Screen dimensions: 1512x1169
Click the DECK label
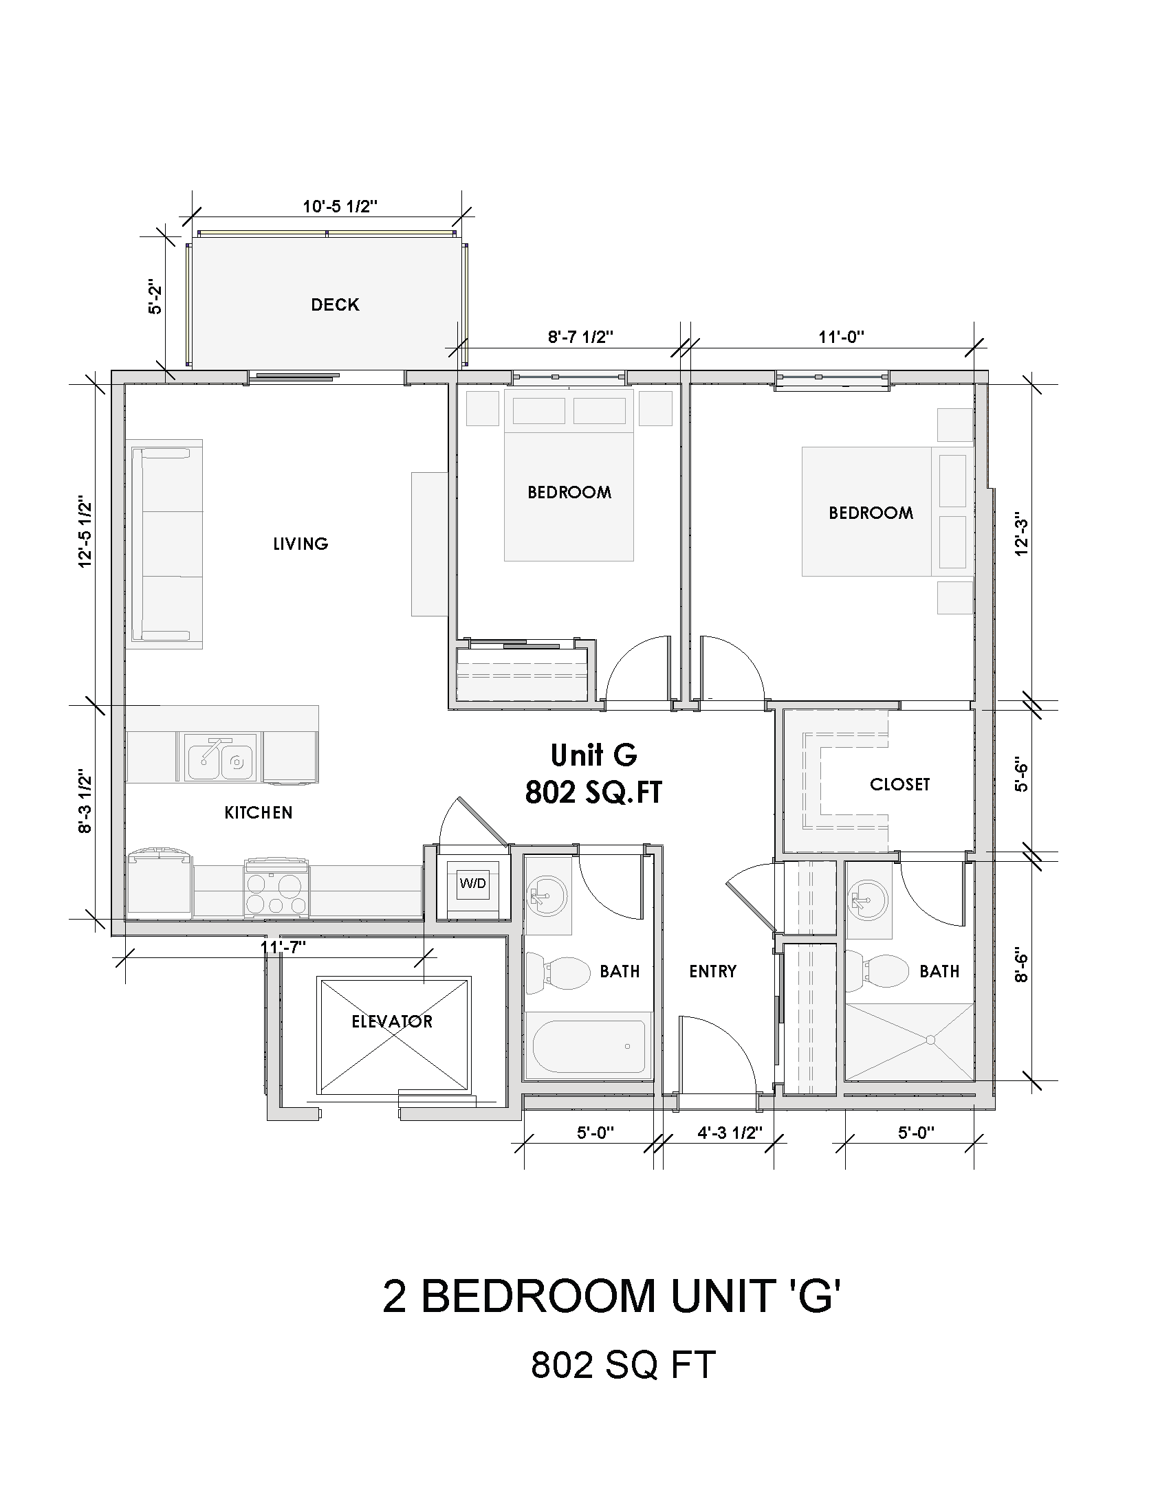click(x=335, y=304)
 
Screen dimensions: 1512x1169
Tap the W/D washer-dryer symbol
click(x=473, y=883)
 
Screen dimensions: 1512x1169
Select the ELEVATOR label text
click(x=392, y=1021)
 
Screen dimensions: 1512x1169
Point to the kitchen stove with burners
click(x=276, y=889)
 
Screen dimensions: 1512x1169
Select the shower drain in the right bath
click(x=930, y=1040)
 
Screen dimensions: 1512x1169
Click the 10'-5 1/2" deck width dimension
click(x=339, y=206)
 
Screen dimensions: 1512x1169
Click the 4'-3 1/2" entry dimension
click(x=729, y=1133)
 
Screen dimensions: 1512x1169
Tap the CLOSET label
click(x=899, y=784)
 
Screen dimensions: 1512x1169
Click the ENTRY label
click(x=712, y=971)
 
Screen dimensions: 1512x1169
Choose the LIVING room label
click(x=301, y=544)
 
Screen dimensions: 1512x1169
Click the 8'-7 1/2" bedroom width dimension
click(x=580, y=337)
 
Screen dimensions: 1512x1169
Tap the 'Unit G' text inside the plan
click(x=593, y=755)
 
